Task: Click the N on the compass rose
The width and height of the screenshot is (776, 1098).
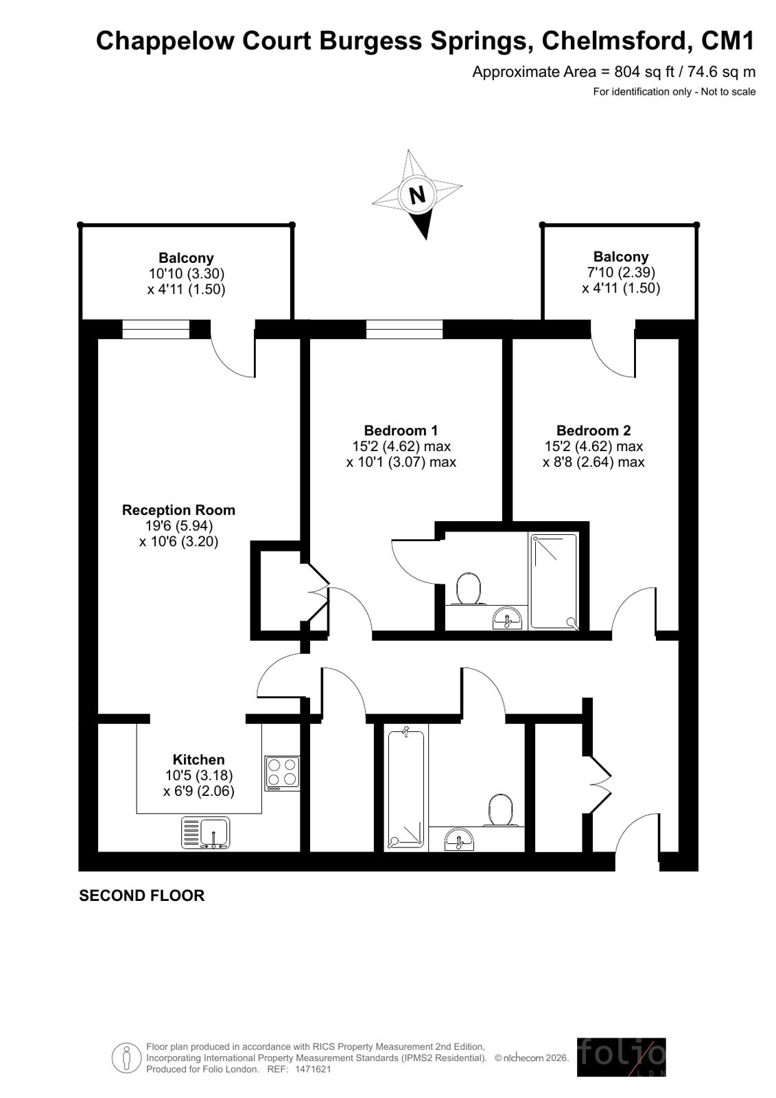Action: click(x=417, y=196)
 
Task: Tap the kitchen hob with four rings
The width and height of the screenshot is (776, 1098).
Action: click(x=282, y=773)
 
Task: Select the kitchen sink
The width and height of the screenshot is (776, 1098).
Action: click(x=205, y=832)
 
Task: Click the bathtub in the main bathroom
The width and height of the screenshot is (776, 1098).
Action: click(x=406, y=789)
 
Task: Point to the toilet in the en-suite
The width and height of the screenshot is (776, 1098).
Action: click(x=469, y=588)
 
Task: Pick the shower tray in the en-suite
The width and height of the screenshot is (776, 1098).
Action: click(x=554, y=582)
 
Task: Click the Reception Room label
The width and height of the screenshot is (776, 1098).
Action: click(x=178, y=510)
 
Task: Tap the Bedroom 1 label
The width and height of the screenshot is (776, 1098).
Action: click(x=400, y=431)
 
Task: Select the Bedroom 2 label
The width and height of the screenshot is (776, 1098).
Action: click(x=593, y=431)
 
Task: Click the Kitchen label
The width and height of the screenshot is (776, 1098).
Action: click(x=198, y=759)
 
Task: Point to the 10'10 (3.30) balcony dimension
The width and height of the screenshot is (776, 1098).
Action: click(x=186, y=273)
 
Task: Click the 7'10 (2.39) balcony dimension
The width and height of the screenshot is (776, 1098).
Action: click(x=621, y=272)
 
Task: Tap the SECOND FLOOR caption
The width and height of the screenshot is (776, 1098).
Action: click(x=141, y=895)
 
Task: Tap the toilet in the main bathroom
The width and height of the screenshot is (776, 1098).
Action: click(x=500, y=810)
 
